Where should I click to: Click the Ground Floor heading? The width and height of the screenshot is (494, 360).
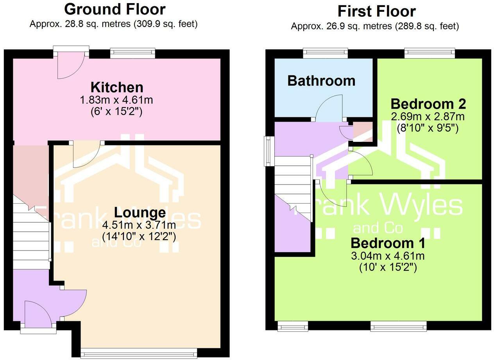click(115, 10)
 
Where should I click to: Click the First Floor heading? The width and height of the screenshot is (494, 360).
click(377, 11)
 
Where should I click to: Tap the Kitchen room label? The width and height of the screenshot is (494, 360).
click(117, 87)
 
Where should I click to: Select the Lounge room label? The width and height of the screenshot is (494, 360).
click(140, 213)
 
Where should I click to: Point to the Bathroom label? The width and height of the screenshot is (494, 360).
click(321, 81)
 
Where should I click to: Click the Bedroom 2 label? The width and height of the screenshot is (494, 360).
click(428, 104)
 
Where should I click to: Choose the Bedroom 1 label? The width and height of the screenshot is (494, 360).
click(388, 243)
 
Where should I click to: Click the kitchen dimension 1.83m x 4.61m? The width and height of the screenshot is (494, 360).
click(116, 100)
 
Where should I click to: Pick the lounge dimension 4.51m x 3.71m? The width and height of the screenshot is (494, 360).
click(139, 225)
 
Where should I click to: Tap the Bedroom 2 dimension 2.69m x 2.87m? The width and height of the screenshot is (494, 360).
click(428, 116)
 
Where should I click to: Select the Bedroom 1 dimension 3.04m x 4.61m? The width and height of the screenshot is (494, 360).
click(388, 256)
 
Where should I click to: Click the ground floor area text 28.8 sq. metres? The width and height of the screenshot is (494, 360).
click(98, 24)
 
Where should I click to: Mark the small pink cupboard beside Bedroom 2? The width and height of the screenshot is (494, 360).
click(363, 132)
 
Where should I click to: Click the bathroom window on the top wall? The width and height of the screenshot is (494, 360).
click(326, 53)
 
